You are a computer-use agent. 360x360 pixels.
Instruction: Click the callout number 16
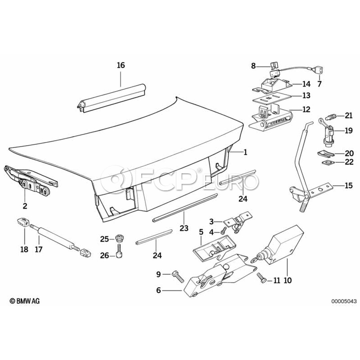click(x=121, y=65)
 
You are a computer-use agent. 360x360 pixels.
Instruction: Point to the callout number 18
click(x=24, y=250)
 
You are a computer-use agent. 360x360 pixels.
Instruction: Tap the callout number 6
click(x=158, y=291)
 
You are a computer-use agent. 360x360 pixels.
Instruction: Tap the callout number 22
click(x=349, y=162)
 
